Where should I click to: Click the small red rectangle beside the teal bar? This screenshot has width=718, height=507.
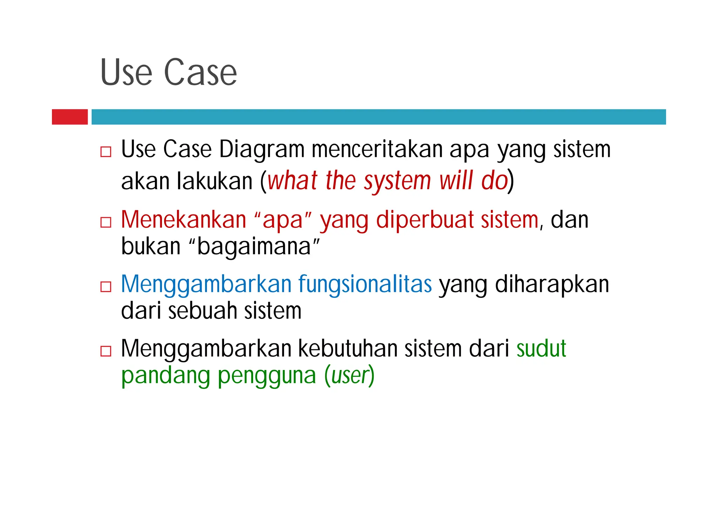(x=70, y=117)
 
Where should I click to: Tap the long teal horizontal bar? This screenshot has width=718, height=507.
(x=379, y=117)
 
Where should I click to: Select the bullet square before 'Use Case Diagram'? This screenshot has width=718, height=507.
(x=106, y=151)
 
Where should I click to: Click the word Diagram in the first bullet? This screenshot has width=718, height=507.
(x=262, y=149)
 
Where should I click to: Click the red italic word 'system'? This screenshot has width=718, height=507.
(x=397, y=181)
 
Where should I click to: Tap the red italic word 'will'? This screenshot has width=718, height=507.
(x=456, y=181)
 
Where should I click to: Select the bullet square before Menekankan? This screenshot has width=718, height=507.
(x=106, y=222)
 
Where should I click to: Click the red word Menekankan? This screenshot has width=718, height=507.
(x=184, y=220)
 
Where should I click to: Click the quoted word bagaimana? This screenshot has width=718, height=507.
(x=254, y=246)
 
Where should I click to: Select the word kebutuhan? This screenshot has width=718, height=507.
(x=347, y=349)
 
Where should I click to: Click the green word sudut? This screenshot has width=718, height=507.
(x=541, y=349)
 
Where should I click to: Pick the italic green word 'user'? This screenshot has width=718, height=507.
(x=349, y=376)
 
